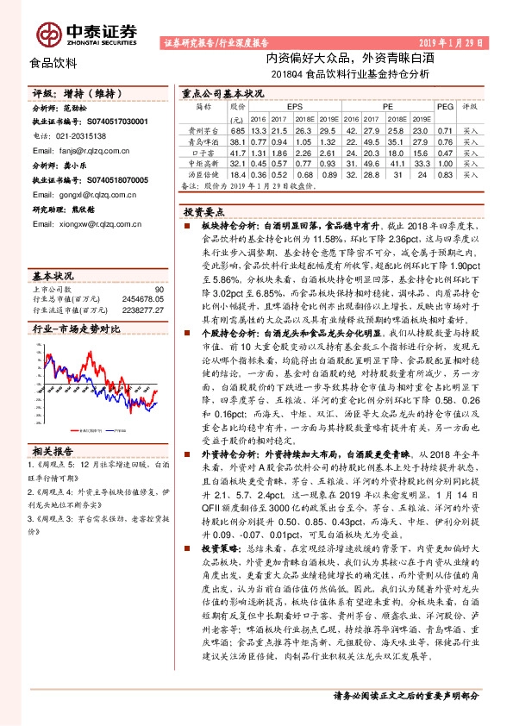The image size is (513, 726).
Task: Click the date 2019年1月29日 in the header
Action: (448, 42)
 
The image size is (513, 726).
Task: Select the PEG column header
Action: (445, 106)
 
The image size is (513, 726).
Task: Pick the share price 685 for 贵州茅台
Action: (238, 129)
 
